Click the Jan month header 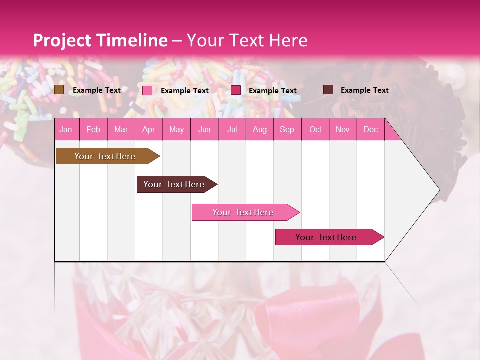coord(66,130)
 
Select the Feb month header coord(93,130)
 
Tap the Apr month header coord(148,130)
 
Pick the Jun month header coord(204,130)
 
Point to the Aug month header coord(259,130)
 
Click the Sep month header coord(287,130)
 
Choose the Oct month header coord(315,130)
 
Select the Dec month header coord(370,130)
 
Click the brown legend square coord(59,90)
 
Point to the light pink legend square coord(147,90)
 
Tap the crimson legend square coord(236,90)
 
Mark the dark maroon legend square coord(328,90)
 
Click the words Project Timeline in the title coord(100,40)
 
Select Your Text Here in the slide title coord(247,40)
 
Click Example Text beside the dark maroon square coord(364,90)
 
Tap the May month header coord(176,130)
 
